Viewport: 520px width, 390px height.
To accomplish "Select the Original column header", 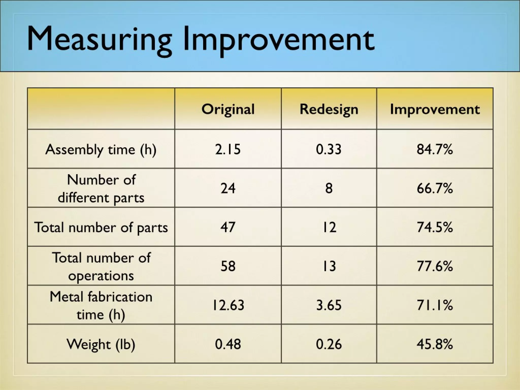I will pos(228,109).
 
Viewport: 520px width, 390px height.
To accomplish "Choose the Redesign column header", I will pos(329,109).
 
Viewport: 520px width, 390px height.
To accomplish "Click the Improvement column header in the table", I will pos(435,109).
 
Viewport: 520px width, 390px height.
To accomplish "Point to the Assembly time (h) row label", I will pos(101,149).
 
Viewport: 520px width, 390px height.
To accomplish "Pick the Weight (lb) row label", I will pos(101,344).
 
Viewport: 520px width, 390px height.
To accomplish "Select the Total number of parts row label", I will pos(101,227).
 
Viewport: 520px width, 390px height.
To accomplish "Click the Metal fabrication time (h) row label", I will pos(101,305).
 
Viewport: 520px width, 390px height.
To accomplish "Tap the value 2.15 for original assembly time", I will pos(228,149).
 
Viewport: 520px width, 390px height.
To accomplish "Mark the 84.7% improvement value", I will pos(435,149).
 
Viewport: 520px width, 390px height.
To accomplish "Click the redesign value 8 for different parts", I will pos(329,188).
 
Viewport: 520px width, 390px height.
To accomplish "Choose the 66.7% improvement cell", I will pos(435,188).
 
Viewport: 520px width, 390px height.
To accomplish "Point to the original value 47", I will pos(228,227).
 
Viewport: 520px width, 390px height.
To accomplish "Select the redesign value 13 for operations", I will pos(329,266).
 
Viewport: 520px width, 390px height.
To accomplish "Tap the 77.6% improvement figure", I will pos(435,266).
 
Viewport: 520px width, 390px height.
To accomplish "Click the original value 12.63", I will pos(228,305).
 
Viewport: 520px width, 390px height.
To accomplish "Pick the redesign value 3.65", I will pos(329,305).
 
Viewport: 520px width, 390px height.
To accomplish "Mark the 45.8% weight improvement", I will pos(435,344).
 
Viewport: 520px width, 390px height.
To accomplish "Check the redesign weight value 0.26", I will pos(329,344).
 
